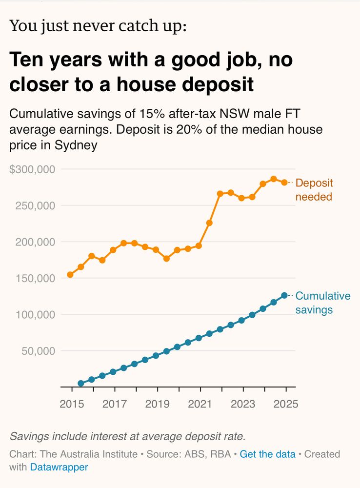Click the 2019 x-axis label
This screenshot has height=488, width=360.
(158, 404)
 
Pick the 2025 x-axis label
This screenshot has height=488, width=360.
(285, 404)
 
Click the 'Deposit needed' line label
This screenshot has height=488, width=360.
(314, 190)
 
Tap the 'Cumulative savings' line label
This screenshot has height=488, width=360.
(322, 303)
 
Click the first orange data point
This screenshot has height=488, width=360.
(70, 275)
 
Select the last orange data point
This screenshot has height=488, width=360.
(284, 183)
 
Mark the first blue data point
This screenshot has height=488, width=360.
(81, 384)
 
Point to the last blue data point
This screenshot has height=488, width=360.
(284, 295)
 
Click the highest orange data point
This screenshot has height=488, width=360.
(274, 179)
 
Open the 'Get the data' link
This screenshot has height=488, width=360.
(267, 454)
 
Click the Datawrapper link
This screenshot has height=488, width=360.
(59, 467)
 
